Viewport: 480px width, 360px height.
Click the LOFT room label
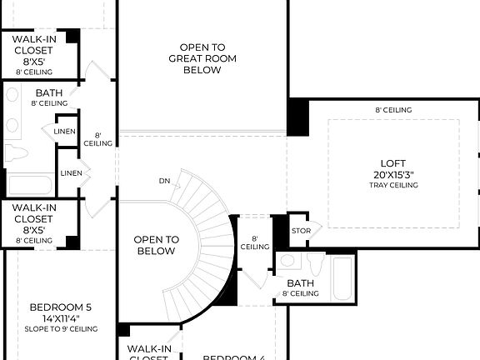tap(392, 164)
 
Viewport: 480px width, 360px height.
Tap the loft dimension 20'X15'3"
tap(392, 175)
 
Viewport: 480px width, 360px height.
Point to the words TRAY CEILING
tap(392, 185)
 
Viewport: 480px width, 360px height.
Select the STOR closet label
tap(300, 231)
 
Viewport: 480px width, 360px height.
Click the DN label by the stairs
tap(165, 181)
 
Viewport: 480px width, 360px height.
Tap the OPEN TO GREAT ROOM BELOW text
tap(202, 58)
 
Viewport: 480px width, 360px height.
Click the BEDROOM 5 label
tap(60, 307)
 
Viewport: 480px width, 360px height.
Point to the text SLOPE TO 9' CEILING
tap(60, 329)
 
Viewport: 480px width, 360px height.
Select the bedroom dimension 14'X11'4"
tap(60, 317)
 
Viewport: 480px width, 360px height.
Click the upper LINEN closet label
tap(66, 132)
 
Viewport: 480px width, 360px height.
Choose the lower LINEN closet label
tap(69, 173)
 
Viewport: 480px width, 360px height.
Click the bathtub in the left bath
tap(30, 183)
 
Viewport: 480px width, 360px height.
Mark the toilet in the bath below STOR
tap(315, 264)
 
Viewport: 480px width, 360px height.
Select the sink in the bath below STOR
tap(287, 262)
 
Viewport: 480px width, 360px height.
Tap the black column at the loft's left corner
tap(297, 117)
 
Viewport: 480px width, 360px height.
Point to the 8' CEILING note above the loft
tap(392, 110)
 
